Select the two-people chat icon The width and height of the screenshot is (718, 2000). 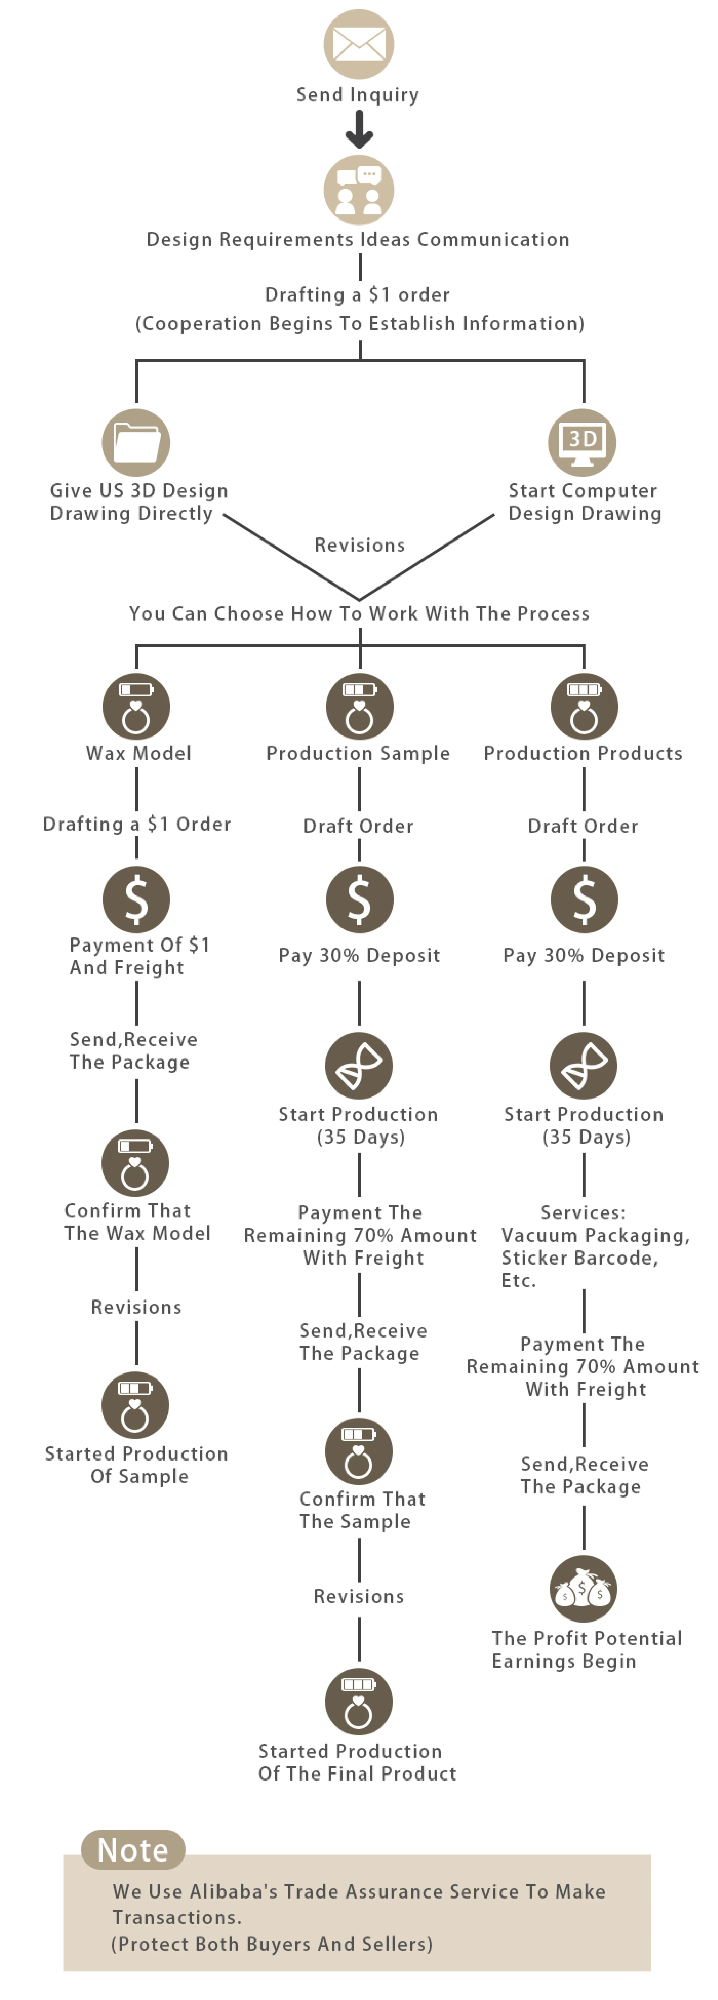[x=359, y=190]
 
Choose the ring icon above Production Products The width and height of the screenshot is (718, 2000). [x=584, y=706]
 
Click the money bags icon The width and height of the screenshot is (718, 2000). [x=584, y=1589]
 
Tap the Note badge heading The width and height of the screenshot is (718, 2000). [x=133, y=1850]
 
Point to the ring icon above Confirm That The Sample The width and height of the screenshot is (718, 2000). [x=359, y=1452]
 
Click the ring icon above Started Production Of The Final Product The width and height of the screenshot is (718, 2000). [x=359, y=1702]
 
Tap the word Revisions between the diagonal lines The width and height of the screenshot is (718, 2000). [x=359, y=545]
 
